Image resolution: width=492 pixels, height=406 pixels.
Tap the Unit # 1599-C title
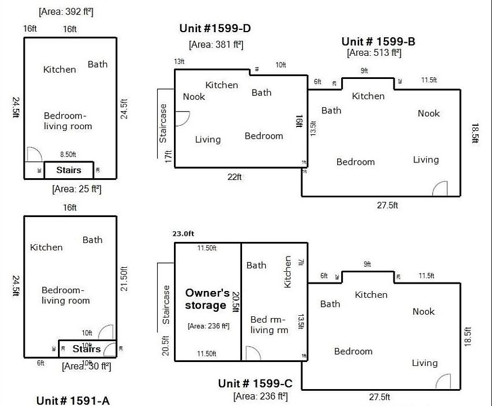pyautogui.click(x=259, y=384)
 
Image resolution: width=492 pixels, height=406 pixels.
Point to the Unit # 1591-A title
pyautogui.click(x=73, y=400)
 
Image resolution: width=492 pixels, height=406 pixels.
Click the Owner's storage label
pyautogui.click(x=208, y=299)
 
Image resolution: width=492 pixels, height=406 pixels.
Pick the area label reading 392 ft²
pyautogui.click(x=65, y=11)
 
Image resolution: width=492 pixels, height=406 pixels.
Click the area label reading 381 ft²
pyautogui.click(x=216, y=45)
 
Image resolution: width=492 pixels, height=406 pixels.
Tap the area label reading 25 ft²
pyautogui.click(x=77, y=189)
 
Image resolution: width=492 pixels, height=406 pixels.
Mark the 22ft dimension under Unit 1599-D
pyautogui.click(x=235, y=176)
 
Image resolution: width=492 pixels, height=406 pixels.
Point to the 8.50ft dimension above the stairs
pyautogui.click(x=68, y=155)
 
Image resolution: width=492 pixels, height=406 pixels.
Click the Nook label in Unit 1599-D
pyautogui.click(x=194, y=96)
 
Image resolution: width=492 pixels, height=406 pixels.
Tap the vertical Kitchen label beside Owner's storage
pyautogui.click(x=288, y=272)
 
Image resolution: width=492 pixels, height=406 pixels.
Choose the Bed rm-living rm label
pyautogui.click(x=269, y=324)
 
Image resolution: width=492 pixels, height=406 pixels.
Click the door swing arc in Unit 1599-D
pyautogui.click(x=182, y=118)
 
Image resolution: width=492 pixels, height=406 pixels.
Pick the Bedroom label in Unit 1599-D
pyautogui.click(x=264, y=135)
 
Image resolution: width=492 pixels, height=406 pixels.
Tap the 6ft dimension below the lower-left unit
pyautogui.click(x=41, y=363)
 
